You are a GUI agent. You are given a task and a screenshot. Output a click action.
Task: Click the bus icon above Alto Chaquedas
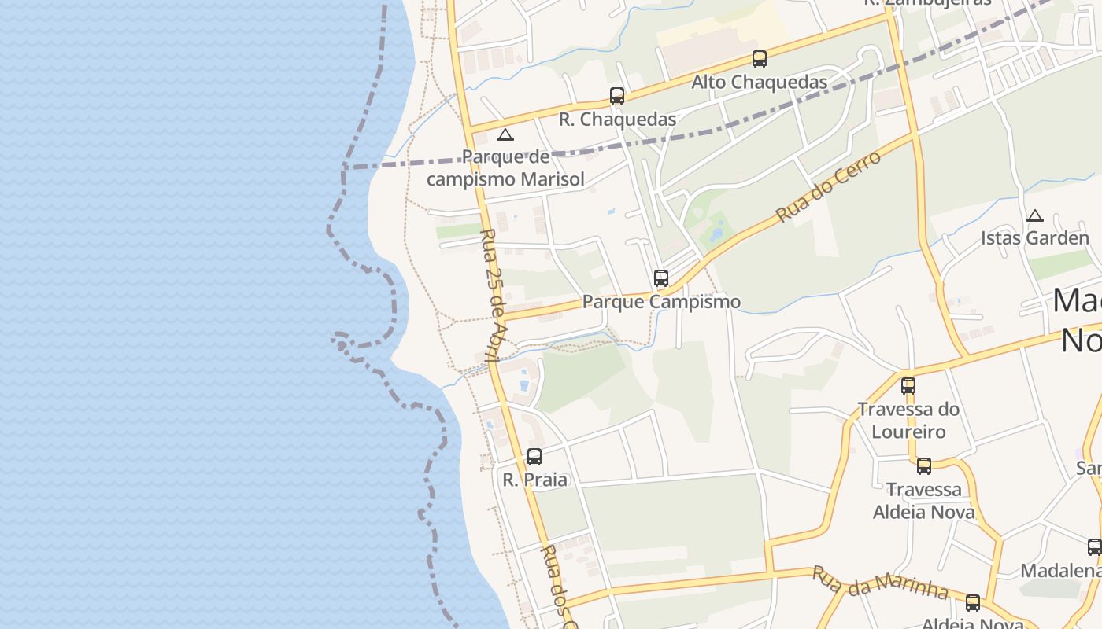[760, 59]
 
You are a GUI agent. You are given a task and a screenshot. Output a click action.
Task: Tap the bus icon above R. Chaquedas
[617, 96]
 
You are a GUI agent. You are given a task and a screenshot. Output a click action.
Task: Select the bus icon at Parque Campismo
[661, 278]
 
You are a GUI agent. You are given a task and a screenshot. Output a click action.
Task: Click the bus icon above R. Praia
[534, 456]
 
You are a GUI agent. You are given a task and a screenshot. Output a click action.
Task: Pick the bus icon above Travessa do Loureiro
[908, 386]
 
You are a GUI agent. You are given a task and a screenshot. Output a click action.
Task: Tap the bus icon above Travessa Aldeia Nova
[924, 466]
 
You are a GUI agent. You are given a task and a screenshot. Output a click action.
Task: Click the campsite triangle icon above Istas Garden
[1035, 215]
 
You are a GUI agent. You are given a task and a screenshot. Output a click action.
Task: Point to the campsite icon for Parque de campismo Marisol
[505, 134]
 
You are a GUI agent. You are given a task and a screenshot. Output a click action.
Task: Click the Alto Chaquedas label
[760, 82]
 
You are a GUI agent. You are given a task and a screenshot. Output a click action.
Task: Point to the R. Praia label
[535, 480]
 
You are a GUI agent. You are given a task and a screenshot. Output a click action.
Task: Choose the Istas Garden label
[1035, 237]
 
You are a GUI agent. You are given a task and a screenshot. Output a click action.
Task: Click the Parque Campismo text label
[661, 302]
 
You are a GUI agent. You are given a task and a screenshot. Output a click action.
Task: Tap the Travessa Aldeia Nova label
[924, 501]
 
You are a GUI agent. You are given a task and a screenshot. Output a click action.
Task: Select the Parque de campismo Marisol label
[506, 168]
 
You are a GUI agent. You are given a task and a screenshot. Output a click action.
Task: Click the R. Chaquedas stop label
[618, 120]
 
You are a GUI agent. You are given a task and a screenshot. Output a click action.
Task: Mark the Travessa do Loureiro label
[908, 420]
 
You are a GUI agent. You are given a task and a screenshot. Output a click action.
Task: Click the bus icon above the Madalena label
[1094, 547]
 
